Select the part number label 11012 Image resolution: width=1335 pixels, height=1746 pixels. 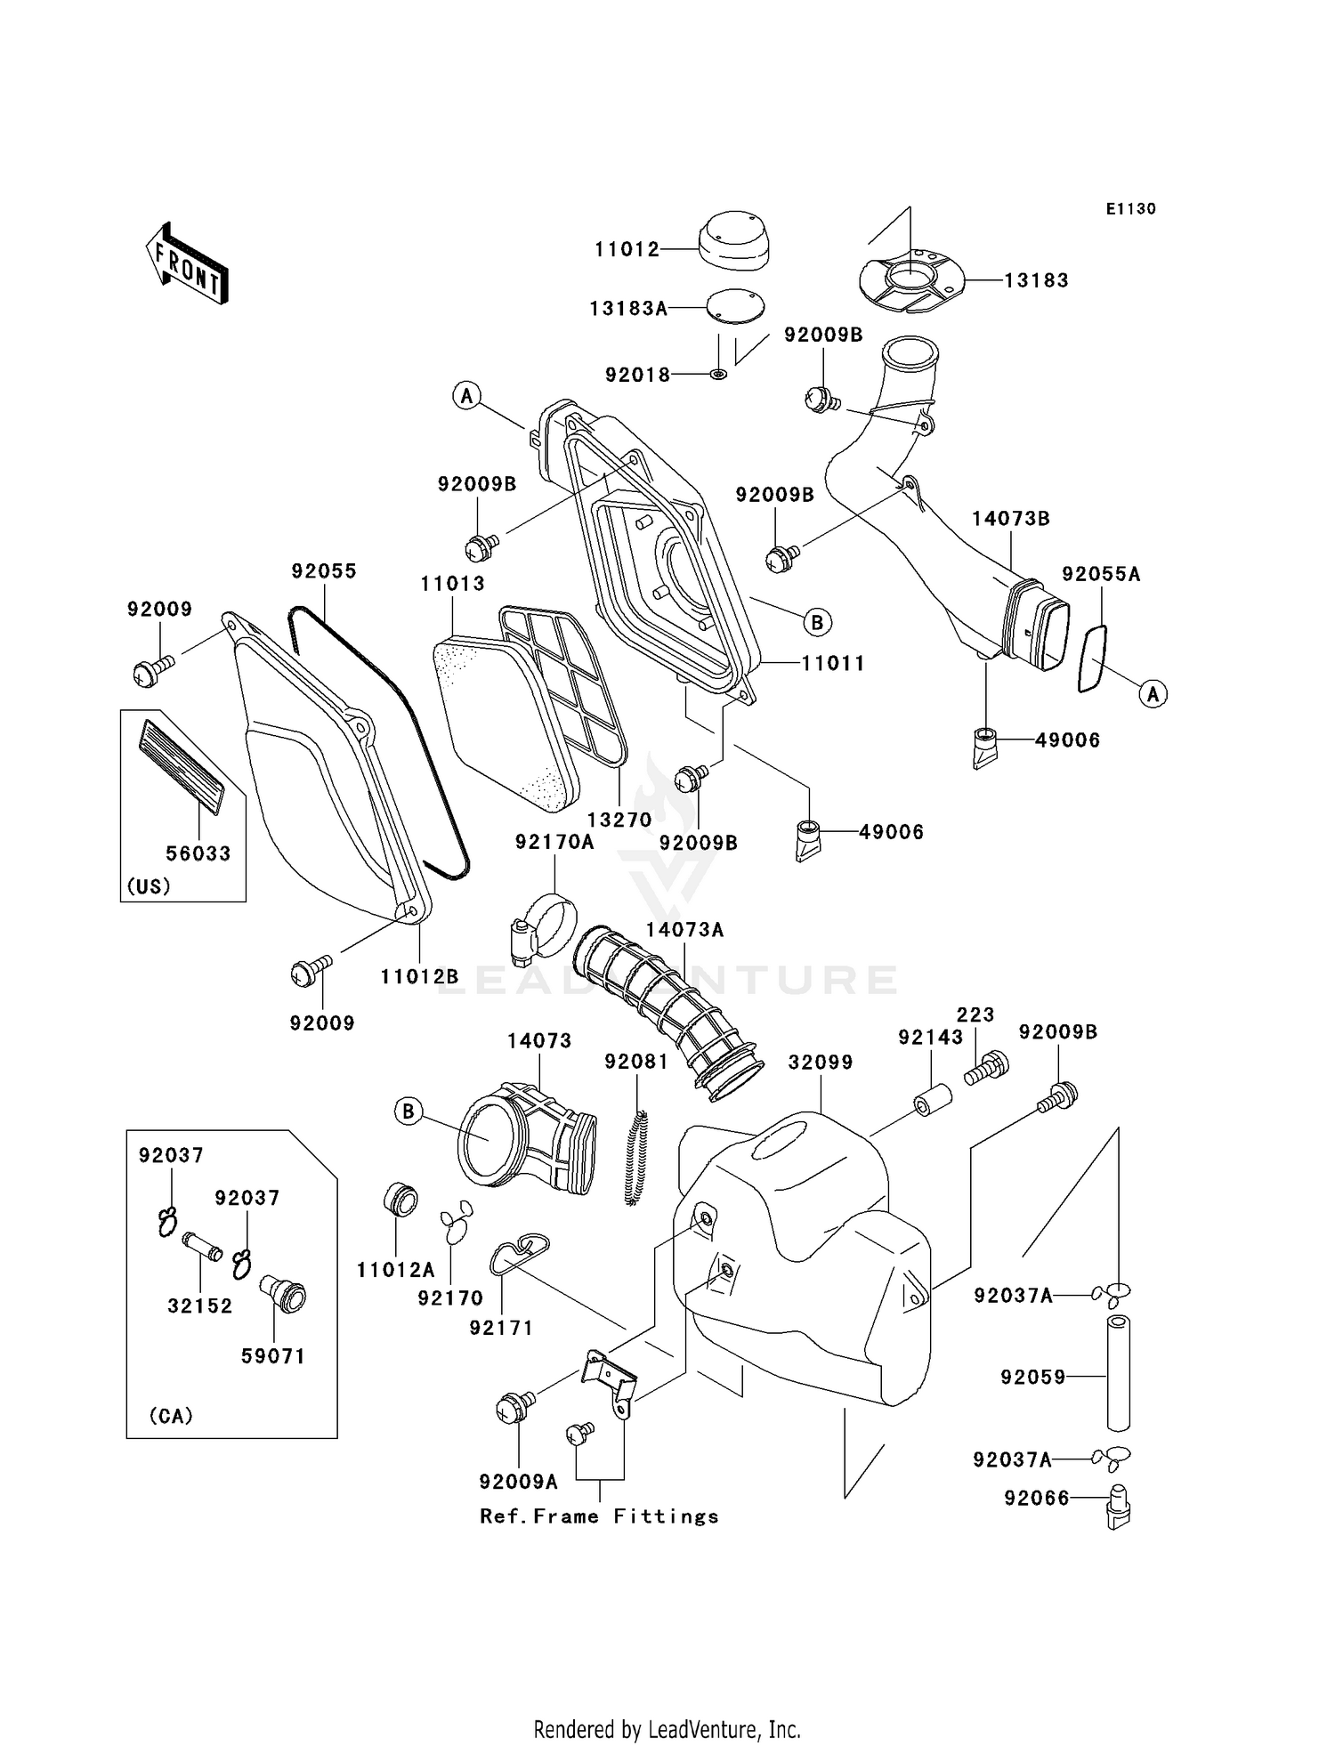point(627,250)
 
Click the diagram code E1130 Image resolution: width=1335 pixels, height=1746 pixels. point(1130,209)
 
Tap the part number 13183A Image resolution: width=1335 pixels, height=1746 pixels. point(628,309)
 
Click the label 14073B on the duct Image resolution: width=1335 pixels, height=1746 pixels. point(1010,519)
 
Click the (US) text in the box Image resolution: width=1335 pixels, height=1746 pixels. point(149,886)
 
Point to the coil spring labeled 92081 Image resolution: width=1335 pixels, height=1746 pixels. point(637,1158)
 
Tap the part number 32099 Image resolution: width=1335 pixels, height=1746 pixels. point(821,1063)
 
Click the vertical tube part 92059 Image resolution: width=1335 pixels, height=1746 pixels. point(1117,1376)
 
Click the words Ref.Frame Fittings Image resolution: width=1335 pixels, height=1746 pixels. point(599,1516)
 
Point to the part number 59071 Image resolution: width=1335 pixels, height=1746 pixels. point(273,1356)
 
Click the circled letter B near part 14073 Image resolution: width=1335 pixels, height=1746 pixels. point(409,1111)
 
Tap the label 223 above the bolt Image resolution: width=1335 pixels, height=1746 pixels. point(975,1014)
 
